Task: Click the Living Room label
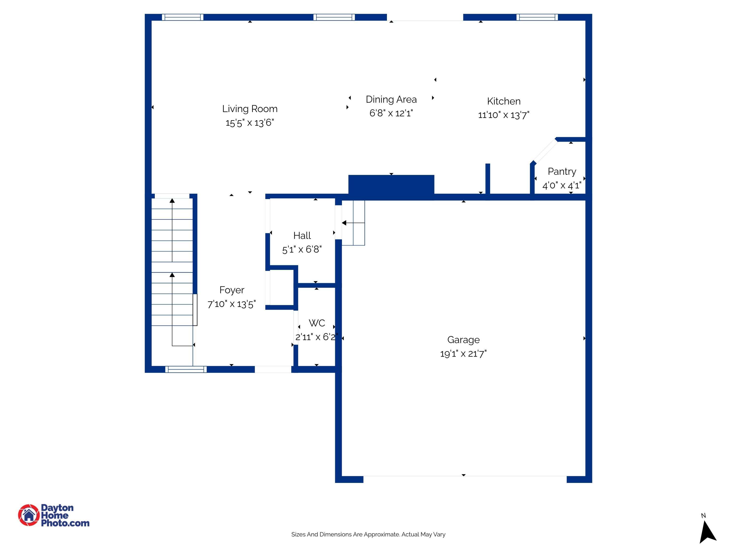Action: click(x=250, y=109)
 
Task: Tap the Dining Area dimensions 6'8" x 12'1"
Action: click(x=391, y=113)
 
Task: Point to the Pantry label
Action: click(x=562, y=171)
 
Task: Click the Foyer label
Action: click(x=232, y=290)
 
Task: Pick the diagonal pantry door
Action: click(x=545, y=151)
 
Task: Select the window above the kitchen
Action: click(x=537, y=17)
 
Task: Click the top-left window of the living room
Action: click(x=182, y=17)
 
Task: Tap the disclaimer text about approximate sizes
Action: click(x=368, y=534)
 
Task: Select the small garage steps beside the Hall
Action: click(x=353, y=223)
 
